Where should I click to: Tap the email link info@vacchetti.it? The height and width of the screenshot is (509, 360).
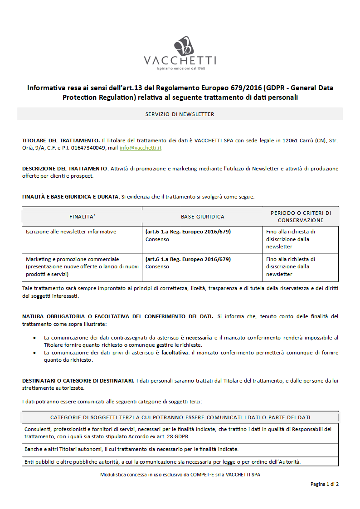(141, 148)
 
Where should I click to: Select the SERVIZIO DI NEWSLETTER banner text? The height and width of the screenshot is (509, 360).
(180, 114)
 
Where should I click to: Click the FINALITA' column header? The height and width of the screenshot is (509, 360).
(82, 217)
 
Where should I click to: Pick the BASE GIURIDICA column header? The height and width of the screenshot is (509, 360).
(202, 217)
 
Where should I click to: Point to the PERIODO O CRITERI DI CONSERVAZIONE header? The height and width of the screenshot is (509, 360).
(301, 216)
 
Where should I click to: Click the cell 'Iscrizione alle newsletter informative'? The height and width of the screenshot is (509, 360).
(71, 232)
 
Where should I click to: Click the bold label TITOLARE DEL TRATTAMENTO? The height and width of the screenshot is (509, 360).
(61, 141)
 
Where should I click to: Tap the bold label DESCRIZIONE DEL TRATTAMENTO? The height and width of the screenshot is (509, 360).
(65, 169)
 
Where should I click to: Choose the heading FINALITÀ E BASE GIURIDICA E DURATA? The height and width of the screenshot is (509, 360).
(70, 197)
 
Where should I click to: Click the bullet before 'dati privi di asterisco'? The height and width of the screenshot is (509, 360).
(35, 353)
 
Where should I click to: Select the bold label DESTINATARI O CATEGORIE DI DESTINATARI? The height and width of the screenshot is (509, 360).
(78, 381)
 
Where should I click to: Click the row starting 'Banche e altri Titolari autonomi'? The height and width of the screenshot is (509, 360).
(131, 449)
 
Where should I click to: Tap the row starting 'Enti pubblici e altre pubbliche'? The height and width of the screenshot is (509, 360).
(163, 462)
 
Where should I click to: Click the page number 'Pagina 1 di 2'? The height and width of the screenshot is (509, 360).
(324, 484)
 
